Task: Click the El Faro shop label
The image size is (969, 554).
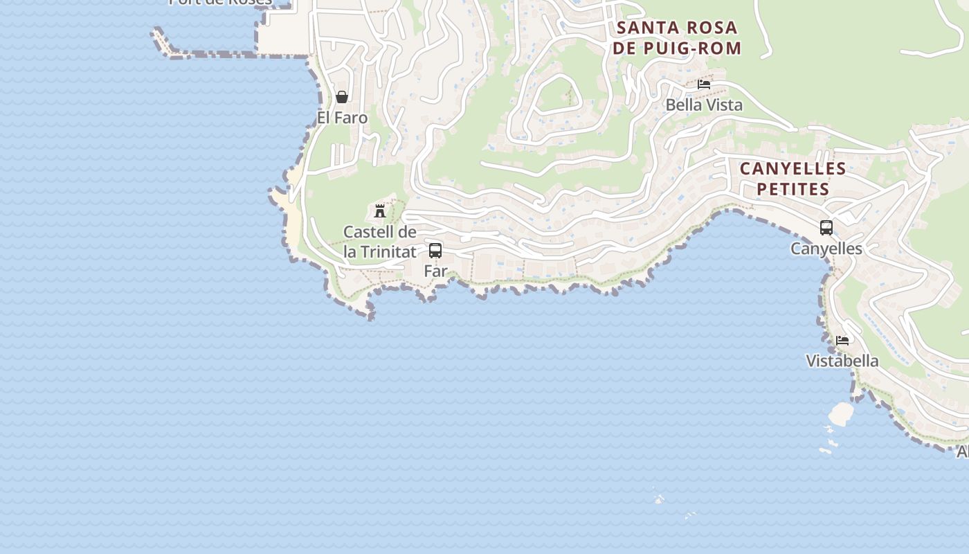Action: (342, 118)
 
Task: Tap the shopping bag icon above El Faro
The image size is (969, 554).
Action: (342, 97)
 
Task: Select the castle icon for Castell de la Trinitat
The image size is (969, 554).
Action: (379, 211)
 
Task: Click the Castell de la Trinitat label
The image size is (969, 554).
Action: (380, 242)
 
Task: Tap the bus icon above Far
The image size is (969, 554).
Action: (435, 251)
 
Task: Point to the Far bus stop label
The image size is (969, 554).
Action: (435, 271)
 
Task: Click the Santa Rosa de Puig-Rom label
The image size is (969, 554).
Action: (676, 38)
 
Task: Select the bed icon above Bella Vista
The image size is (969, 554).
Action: (704, 84)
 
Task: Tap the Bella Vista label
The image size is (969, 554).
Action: (704, 105)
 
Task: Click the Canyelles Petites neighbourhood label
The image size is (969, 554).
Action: (793, 179)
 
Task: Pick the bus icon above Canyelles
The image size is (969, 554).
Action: (826, 227)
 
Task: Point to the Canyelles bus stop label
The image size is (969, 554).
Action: (826, 249)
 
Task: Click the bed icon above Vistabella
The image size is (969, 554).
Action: (842, 341)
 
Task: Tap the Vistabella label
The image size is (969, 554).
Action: (842, 361)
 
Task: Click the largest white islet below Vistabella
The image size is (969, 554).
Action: (841, 413)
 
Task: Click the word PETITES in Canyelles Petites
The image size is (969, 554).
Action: (793, 189)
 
